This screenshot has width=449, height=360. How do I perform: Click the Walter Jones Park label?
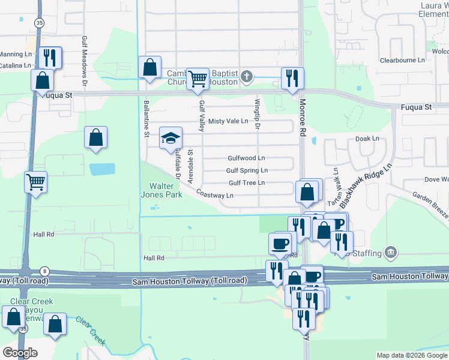coord(161,190)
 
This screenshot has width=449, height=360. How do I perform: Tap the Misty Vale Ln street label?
coord(228,121)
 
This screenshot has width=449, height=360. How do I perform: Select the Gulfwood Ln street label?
coord(246,158)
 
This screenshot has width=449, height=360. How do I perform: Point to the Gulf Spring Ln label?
coord(247,170)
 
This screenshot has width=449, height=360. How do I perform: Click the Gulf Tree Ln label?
coord(247,183)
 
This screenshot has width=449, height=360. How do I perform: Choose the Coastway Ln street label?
coord(214,196)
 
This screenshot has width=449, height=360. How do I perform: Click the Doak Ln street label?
coord(367,139)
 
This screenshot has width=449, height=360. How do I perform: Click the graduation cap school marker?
coord(170,137)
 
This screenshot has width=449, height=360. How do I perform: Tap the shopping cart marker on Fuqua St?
coord(197,79)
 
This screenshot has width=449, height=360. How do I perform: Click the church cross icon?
coord(246,77)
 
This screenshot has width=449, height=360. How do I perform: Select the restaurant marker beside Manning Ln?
coord(50,57)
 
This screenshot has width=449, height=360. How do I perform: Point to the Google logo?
coord(20,353)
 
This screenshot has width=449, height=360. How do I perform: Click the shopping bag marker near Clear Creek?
coord(55,324)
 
